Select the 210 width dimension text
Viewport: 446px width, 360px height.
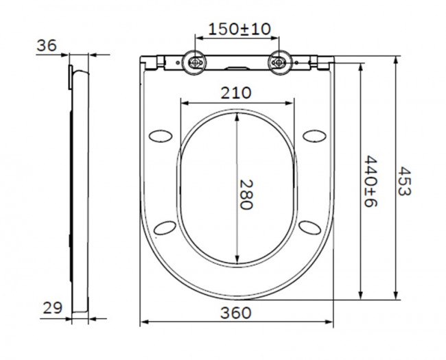tap(235, 93)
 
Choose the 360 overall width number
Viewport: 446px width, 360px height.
tap(236, 313)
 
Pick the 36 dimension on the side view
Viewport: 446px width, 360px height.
tap(47, 45)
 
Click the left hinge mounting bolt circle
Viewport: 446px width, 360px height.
tap(196, 62)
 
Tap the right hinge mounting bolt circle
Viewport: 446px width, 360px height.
tap(278, 62)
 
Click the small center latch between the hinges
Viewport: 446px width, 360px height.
tap(237, 68)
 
